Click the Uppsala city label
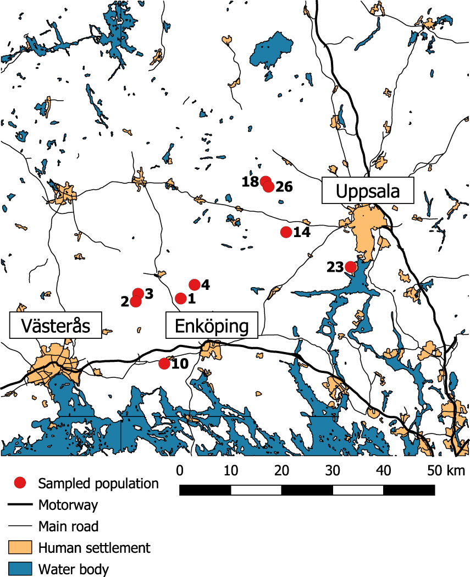367,191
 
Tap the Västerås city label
56,326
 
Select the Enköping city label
212,326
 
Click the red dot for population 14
286,232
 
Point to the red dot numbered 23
350,267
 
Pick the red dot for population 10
164,364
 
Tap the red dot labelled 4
194,284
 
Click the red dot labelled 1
180,298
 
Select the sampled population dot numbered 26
269,187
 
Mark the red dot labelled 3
139,294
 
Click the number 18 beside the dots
250,182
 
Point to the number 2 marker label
125,302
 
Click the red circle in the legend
20,483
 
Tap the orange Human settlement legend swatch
20,547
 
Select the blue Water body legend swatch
20,568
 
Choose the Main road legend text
68,526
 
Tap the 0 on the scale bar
180,471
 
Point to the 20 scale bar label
281,471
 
